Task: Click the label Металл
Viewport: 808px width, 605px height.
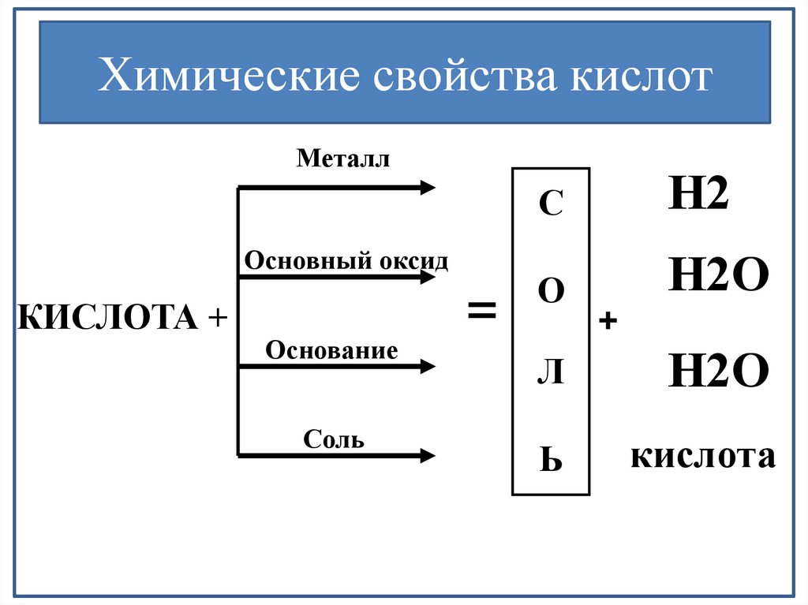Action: [x=344, y=159]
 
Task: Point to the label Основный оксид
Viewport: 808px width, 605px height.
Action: [x=346, y=260]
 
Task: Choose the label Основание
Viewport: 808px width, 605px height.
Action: [x=331, y=349]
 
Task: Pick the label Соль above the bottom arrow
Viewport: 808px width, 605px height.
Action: [x=334, y=439]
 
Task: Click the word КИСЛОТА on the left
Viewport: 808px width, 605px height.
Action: [x=108, y=319]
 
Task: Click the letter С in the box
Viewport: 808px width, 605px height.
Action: [x=550, y=206]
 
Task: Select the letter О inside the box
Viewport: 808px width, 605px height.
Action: [x=551, y=292]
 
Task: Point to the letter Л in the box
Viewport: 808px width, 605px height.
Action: [x=550, y=375]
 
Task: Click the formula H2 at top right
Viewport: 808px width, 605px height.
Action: [x=698, y=194]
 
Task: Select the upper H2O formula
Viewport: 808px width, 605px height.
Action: [x=718, y=277]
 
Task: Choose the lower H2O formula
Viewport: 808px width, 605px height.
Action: [x=718, y=371]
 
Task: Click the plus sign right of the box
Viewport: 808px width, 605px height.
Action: [x=608, y=321]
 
